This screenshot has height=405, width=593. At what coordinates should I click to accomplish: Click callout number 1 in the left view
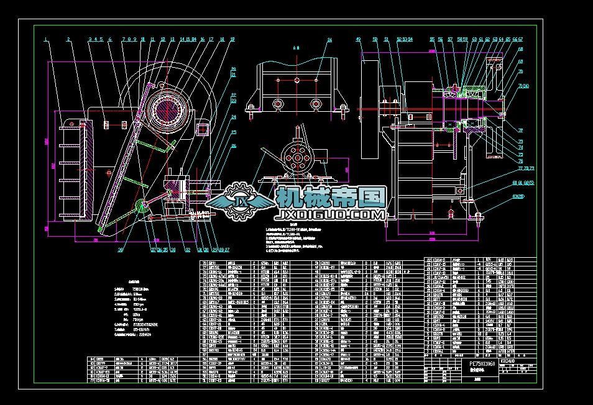[x=45, y=39]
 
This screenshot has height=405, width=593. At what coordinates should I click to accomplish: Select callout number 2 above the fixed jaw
[x=68, y=39]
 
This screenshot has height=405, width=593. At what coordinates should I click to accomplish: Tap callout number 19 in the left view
[x=232, y=39]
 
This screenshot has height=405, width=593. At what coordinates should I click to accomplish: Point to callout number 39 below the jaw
[x=121, y=251]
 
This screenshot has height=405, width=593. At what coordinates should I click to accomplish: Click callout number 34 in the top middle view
[x=330, y=40]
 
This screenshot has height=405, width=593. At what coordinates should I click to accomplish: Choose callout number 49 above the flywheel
[x=359, y=40]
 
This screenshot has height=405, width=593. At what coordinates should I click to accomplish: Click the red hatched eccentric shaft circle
[x=168, y=112]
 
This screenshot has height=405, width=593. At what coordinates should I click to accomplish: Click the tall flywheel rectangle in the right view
[x=371, y=109]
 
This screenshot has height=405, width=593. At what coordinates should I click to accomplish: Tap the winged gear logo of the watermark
[x=240, y=202]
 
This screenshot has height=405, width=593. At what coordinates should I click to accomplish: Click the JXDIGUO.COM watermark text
[x=329, y=215]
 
